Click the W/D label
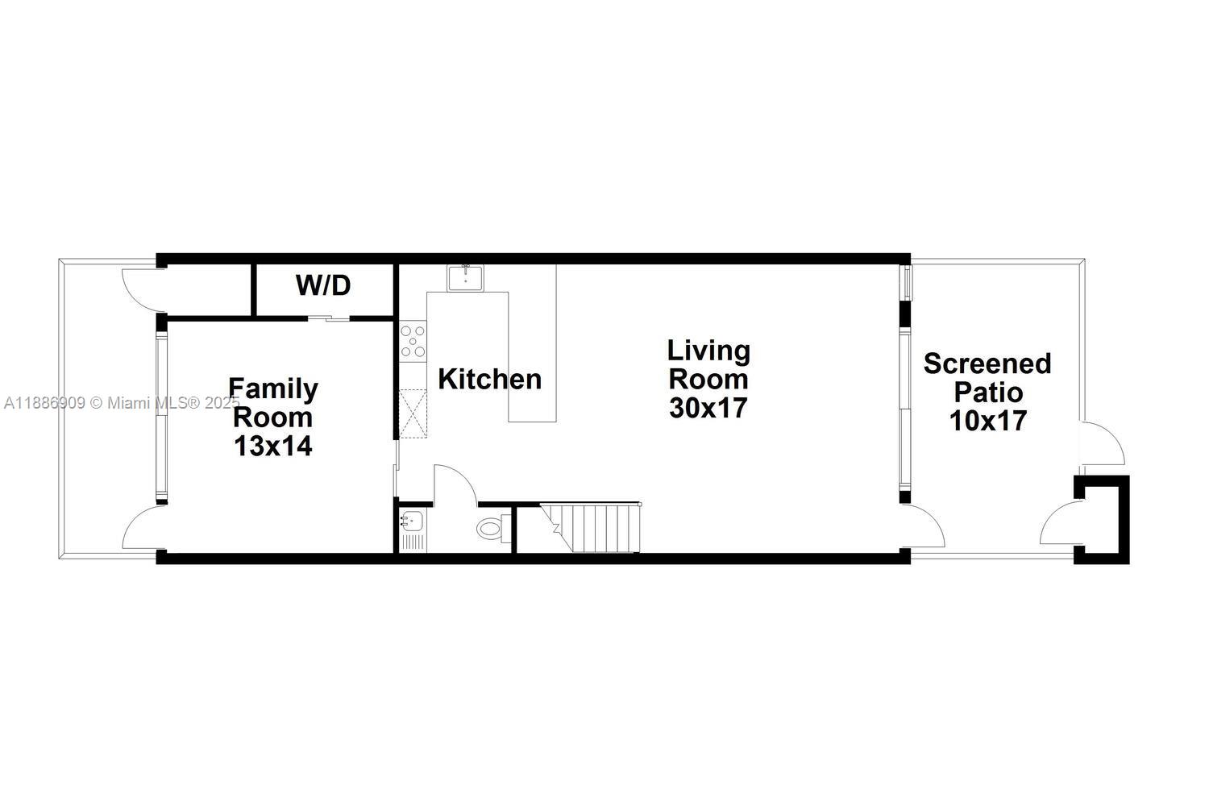323,285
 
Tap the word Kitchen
489,379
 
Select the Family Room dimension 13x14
272,446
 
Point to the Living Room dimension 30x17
708,408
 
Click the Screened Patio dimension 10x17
987,421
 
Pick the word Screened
987,364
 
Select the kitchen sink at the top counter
465,278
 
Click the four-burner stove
413,341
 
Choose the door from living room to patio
925,527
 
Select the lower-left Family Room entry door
142,530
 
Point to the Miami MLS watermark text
121,402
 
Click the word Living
708,351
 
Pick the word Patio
987,393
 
